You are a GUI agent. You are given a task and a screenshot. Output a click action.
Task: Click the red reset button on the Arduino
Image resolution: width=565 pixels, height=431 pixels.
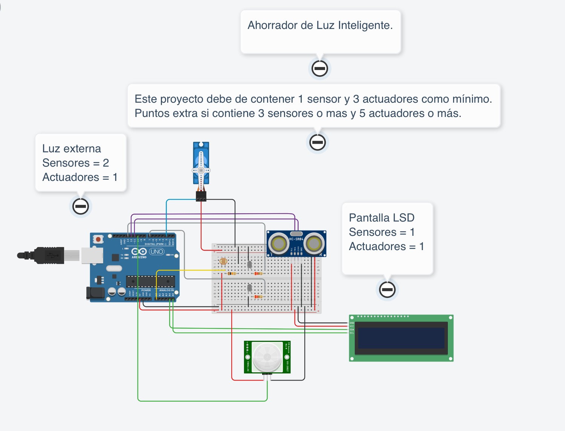pos(98,239)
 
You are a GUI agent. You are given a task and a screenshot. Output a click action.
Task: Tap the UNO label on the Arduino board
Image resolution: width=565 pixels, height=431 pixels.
pos(157,252)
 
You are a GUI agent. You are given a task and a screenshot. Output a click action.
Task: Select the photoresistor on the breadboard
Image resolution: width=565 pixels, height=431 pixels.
pos(223,261)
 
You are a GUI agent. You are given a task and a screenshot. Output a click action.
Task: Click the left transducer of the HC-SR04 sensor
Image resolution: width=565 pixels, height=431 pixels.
pos(278,243)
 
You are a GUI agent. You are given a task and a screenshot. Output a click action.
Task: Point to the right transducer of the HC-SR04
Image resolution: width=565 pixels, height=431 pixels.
pos(314,243)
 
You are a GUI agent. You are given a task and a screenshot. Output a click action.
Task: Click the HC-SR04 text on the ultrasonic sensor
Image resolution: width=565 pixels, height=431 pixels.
pos(296,239)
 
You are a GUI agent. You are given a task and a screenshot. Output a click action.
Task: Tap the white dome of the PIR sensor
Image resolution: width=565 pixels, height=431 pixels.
pos(267,357)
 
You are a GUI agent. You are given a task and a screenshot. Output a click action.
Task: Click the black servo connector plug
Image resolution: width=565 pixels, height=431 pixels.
pos(201,196)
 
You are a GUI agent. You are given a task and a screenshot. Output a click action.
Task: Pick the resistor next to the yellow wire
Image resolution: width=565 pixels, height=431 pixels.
pos(232,273)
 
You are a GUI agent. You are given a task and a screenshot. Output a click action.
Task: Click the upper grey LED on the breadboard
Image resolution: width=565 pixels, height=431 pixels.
pos(249,265)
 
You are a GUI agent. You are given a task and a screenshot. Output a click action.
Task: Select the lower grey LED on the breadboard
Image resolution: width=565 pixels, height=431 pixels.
pos(249,288)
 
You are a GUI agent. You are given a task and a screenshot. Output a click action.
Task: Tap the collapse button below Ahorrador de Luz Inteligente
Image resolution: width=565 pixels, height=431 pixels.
pos(320,68)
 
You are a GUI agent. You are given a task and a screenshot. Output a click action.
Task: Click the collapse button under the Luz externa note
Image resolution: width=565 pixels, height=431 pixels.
pos(80,206)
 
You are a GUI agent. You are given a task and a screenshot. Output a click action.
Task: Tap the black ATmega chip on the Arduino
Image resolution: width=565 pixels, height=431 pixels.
pos(150,281)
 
